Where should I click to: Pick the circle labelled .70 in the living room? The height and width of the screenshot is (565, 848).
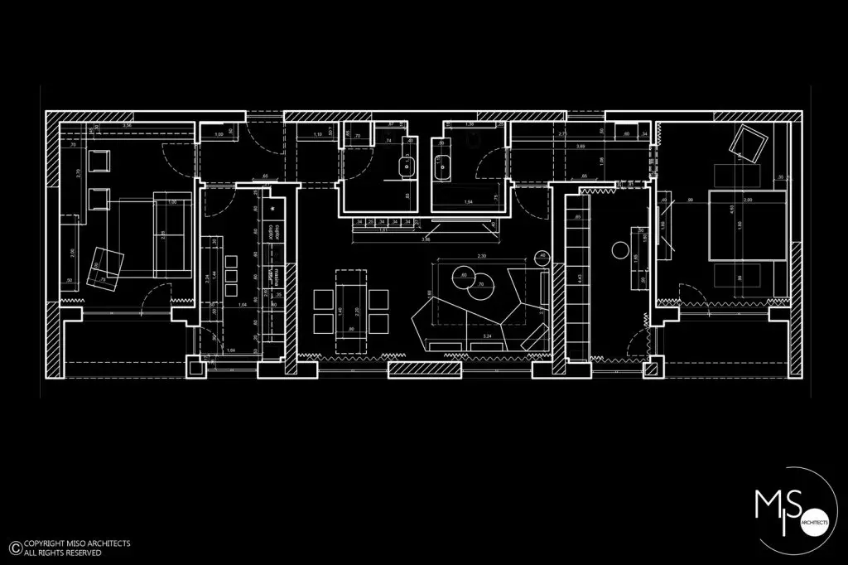point(481,287)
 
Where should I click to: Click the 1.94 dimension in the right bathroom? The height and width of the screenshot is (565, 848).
point(468,202)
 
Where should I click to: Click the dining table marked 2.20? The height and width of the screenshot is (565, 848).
point(351,309)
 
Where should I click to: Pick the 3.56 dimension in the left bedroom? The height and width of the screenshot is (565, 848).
point(128,124)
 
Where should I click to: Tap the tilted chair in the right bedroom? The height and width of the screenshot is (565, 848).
point(748,146)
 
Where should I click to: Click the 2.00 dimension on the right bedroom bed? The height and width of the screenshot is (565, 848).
point(749,200)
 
